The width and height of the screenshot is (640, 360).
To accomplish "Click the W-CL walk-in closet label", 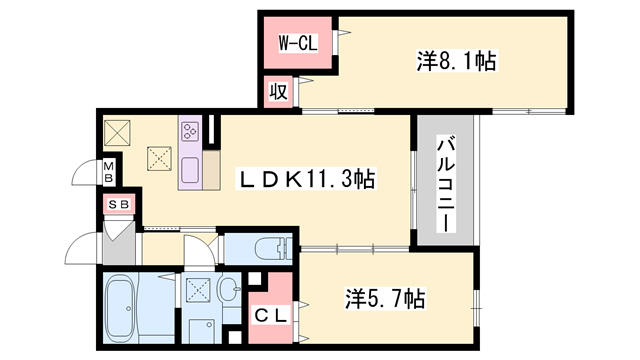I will (297, 43).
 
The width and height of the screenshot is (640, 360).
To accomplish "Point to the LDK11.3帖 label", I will (306, 180).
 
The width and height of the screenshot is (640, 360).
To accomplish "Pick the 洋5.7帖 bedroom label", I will (385, 298).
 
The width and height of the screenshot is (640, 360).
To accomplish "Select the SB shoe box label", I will (119, 205).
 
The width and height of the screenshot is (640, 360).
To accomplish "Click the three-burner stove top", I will (190, 132).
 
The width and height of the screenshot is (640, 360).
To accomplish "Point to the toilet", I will (265, 247).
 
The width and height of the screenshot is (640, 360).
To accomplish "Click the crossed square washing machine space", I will (197, 291).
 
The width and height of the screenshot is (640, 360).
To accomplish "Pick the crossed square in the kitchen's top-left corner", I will (118, 131).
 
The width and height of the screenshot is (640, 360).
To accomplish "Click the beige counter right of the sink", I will (211, 174).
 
